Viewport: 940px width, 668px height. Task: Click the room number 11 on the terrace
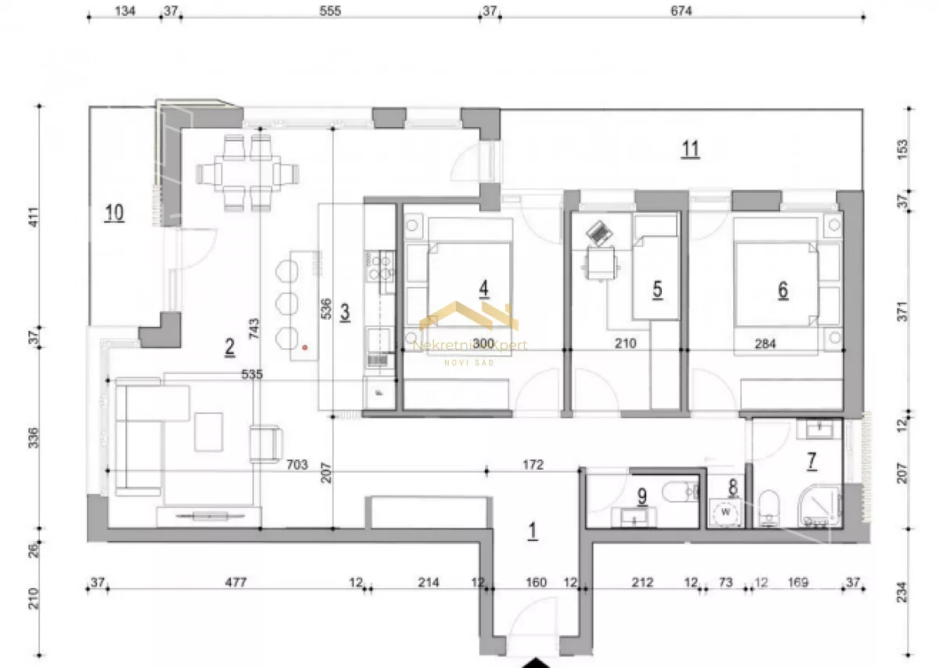691,149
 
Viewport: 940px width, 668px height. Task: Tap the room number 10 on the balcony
114,212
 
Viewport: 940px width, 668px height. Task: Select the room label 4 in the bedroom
484,289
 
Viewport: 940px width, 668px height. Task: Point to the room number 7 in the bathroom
812,461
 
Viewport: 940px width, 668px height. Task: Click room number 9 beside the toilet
642,497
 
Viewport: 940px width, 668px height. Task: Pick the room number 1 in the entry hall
533,531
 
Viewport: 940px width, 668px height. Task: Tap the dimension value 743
254,329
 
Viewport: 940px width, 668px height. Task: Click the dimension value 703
297,465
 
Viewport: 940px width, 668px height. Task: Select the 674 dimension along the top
681,11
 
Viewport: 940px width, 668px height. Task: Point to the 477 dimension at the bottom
236,583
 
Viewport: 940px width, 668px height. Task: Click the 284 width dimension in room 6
765,343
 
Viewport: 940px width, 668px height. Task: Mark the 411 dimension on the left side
34,216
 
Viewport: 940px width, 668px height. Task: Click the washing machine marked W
725,513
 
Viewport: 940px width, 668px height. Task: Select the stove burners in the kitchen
380,267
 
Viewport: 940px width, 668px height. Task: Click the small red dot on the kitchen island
305,347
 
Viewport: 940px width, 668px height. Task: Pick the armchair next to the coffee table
266,444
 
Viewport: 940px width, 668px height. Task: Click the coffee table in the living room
208,432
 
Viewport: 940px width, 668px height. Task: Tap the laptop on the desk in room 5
598,233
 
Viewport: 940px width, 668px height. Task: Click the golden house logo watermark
468,316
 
